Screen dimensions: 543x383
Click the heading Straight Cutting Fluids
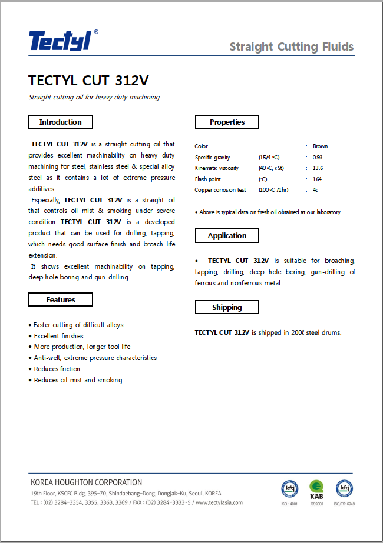[291, 47]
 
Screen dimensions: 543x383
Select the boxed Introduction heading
[61, 122]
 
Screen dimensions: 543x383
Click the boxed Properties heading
[227, 122]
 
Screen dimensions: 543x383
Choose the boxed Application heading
[227, 235]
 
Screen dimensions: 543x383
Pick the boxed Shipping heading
[227, 307]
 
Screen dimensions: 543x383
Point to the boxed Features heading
[61, 299]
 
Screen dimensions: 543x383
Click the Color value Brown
[321, 146]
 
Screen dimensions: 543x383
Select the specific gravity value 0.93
[318, 158]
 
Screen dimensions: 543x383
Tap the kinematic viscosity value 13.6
[318, 168]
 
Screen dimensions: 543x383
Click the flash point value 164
[317, 179]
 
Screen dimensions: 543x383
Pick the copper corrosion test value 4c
[315, 190]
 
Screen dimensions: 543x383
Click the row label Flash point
[208, 179]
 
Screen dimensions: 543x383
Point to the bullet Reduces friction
[57, 369]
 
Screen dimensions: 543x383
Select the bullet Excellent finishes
[58, 336]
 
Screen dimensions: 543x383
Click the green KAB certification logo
[316, 489]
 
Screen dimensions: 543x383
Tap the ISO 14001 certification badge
[289, 489]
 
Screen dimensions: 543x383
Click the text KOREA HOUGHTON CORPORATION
[86, 482]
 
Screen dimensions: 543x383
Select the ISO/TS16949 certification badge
[344, 489]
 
